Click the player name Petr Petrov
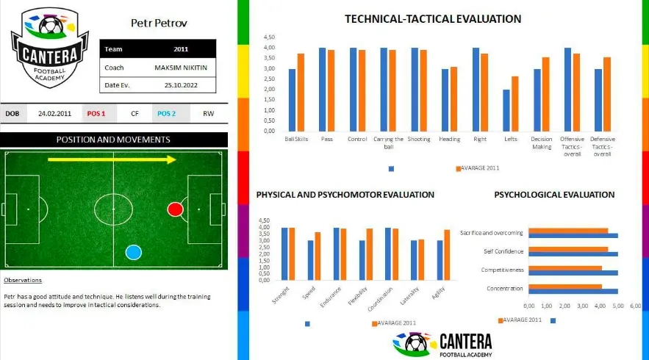(x=159, y=23)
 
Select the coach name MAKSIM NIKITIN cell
(x=181, y=68)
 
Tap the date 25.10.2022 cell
(x=181, y=85)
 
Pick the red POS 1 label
(x=96, y=114)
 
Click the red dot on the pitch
(x=175, y=209)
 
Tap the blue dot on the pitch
(x=133, y=252)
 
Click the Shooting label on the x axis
(x=419, y=139)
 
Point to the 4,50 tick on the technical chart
(x=269, y=37)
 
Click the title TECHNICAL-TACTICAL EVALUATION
(x=433, y=19)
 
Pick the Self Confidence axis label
(x=503, y=251)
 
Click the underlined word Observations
(x=23, y=280)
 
